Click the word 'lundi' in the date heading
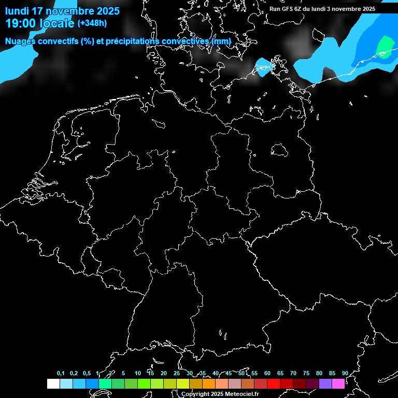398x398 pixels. tap(17, 11)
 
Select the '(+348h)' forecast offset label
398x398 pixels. tap(92, 23)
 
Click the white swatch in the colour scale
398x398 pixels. tap(53, 384)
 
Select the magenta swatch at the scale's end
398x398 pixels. tap(338, 384)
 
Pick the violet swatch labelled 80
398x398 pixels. tap(325, 384)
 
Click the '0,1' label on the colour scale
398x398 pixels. tap(61, 373)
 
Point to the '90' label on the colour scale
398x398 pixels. tap(345, 373)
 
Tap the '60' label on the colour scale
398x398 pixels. tap(267, 373)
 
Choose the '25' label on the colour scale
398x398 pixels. tap(176, 373)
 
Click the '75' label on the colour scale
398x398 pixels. tap(306, 373)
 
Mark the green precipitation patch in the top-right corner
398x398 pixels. tap(385, 47)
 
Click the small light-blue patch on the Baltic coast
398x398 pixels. tap(264, 67)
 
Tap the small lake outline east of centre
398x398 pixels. tap(279, 150)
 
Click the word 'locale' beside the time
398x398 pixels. tap(59, 23)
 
